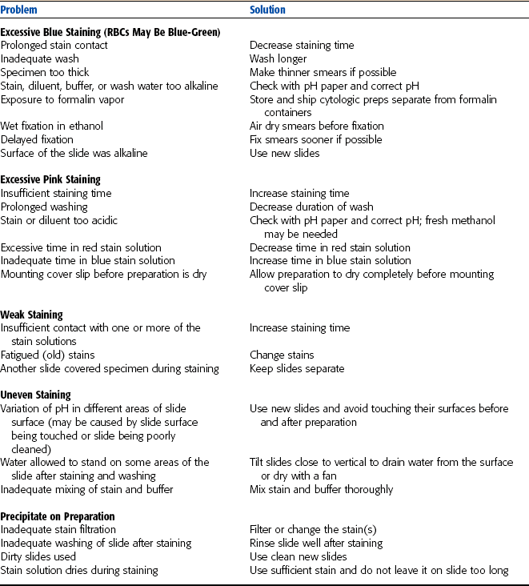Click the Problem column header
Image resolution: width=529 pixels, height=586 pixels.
click(x=21, y=10)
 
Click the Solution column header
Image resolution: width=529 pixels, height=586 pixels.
click(x=267, y=10)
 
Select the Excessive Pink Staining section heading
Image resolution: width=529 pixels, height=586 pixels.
click(x=50, y=179)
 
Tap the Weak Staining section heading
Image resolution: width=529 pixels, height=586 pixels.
click(x=32, y=315)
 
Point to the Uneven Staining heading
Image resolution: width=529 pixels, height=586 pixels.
click(x=35, y=395)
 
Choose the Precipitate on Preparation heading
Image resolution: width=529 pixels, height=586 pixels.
click(x=58, y=516)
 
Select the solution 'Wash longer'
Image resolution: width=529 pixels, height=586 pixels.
click(x=278, y=58)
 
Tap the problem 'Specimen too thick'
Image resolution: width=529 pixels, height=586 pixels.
click(x=46, y=72)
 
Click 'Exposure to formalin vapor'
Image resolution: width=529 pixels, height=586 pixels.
click(x=62, y=99)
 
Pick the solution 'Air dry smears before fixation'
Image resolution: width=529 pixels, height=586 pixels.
click(x=316, y=126)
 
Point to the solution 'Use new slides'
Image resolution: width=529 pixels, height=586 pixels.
click(x=284, y=153)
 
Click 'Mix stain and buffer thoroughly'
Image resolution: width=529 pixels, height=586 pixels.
click(x=321, y=489)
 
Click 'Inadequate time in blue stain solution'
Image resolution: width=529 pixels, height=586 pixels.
click(x=87, y=260)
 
